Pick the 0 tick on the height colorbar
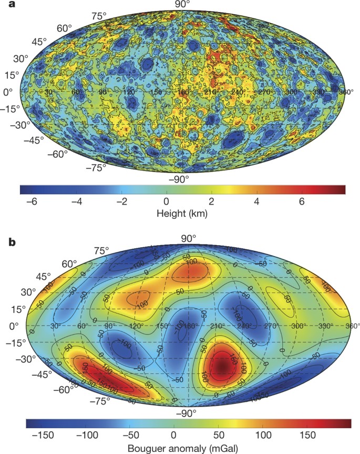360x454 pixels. point(166,201)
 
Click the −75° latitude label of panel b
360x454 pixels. point(99,400)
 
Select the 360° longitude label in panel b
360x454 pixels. point(352,326)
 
